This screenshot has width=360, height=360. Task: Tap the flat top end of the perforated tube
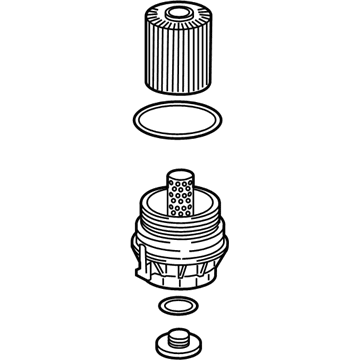tap(180, 173)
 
